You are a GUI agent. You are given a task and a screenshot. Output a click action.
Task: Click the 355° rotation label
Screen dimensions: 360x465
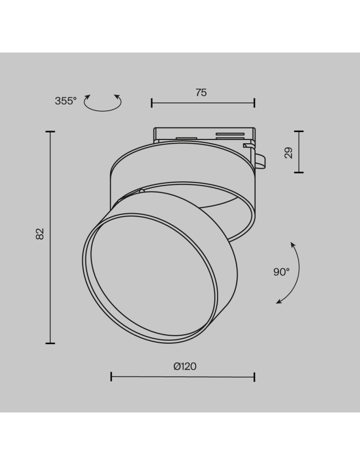[x=66, y=101]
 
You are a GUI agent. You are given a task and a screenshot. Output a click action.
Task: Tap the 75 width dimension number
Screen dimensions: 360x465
[x=201, y=93]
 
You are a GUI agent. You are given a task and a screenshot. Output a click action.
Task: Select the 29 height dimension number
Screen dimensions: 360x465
[x=288, y=153]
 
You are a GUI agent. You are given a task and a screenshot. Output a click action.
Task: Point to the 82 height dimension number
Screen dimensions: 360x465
[x=40, y=234]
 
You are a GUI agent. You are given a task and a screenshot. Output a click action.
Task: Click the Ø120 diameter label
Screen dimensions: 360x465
[x=185, y=366]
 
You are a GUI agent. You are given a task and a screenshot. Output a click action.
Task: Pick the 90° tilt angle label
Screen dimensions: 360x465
[x=281, y=272]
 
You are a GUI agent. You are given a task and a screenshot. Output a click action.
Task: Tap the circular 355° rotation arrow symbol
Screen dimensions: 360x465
[x=103, y=103]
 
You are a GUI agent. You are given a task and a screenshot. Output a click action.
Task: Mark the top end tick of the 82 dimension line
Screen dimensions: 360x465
[x=50, y=132]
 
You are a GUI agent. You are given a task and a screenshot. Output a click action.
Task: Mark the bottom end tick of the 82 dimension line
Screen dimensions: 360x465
[x=50, y=344]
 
